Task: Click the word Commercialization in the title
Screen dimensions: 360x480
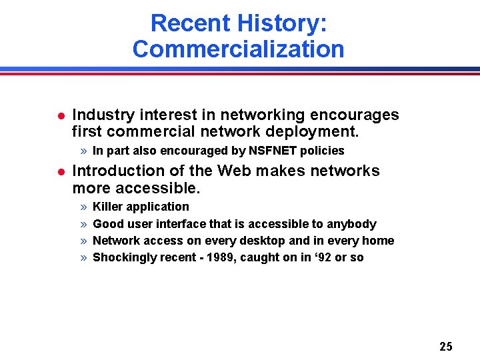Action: pyautogui.click(x=238, y=49)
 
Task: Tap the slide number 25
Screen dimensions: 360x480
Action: pyautogui.click(x=446, y=346)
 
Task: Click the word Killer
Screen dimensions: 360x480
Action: pyautogui.click(x=107, y=207)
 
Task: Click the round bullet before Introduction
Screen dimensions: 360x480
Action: pyautogui.click(x=60, y=172)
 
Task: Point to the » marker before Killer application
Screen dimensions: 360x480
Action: pyautogui.click(x=83, y=207)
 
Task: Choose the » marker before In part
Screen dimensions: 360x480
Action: pyautogui.click(x=83, y=151)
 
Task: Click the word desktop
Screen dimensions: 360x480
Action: pyautogui.click(x=245, y=241)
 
